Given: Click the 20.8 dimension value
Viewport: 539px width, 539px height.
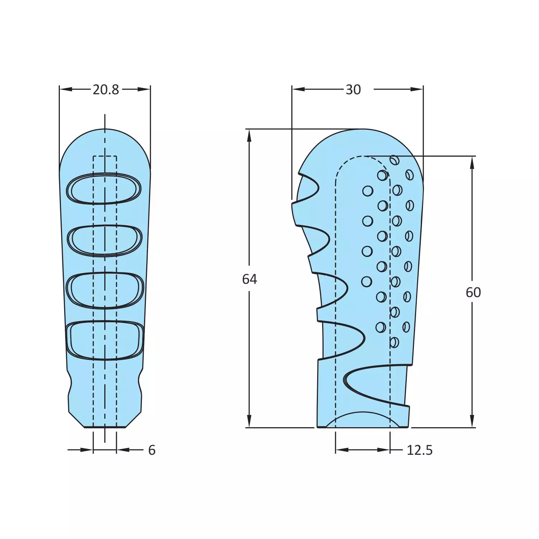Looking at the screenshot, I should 106,90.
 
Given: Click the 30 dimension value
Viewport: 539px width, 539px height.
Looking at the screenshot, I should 353,90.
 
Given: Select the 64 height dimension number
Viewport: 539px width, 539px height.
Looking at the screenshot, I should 249,279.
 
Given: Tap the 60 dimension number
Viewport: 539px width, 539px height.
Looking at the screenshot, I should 473,292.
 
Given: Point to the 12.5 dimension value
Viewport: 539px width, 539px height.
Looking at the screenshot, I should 419,450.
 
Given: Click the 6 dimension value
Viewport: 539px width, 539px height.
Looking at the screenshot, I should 152,450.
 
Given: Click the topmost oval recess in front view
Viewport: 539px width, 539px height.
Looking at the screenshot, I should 104,189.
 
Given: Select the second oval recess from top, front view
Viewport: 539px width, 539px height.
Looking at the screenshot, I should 105,240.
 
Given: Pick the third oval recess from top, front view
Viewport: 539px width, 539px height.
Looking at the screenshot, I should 105,290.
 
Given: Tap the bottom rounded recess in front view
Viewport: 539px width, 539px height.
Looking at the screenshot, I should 105,340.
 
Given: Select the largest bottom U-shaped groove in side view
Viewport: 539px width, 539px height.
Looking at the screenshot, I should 373,383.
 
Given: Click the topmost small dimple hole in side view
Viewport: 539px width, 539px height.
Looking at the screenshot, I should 394,160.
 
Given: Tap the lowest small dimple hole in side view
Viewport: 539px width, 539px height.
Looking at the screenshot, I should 394,342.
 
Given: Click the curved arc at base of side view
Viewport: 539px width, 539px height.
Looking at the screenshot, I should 362,418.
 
